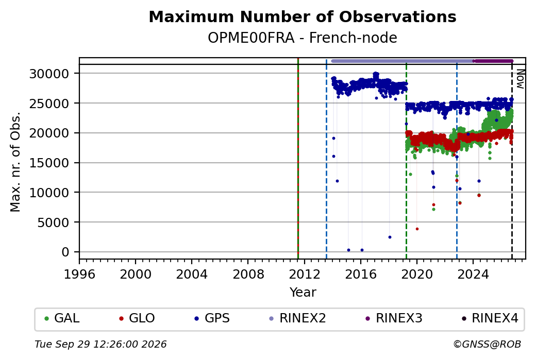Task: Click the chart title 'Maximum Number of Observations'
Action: click(x=303, y=16)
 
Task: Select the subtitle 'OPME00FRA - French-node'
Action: click(x=303, y=38)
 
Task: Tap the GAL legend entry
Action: click(x=62, y=318)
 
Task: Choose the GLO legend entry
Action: click(x=137, y=318)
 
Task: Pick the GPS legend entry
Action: click(x=212, y=318)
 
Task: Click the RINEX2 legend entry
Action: click(x=298, y=318)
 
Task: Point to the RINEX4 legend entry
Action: click(x=490, y=318)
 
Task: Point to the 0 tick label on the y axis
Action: click(x=65, y=252)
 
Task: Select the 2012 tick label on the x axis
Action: click(x=304, y=274)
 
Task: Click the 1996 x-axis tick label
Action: click(x=79, y=274)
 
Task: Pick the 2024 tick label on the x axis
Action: click(x=473, y=274)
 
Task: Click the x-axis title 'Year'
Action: click(x=303, y=293)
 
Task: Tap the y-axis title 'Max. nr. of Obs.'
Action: click(x=15, y=162)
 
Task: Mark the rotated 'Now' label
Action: click(x=520, y=79)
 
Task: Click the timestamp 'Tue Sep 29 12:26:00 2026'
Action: click(x=100, y=344)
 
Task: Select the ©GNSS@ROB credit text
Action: click(x=487, y=344)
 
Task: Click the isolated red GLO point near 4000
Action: click(x=417, y=229)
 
